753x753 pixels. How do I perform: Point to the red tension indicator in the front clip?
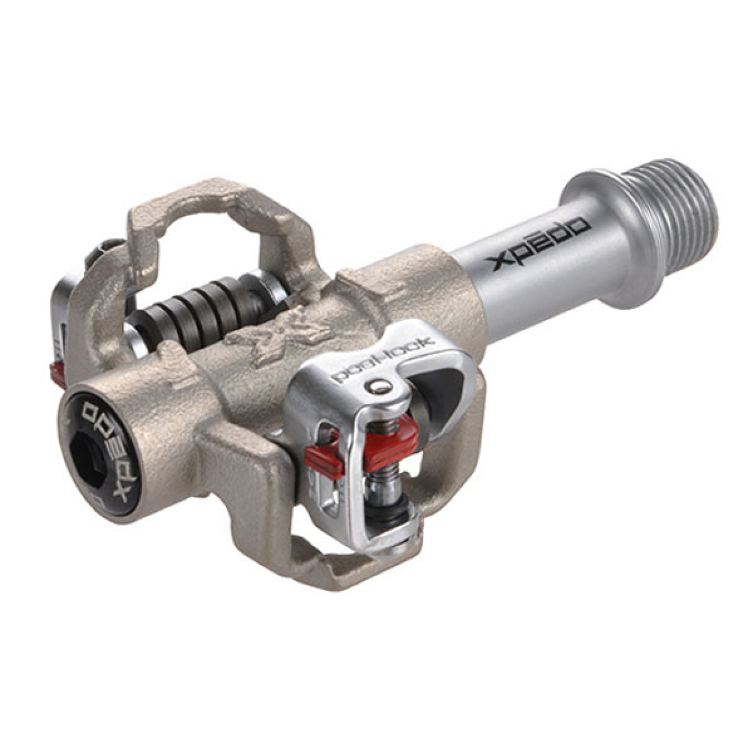tap(392, 438)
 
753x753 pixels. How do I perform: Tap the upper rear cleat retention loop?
tap(218, 206)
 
